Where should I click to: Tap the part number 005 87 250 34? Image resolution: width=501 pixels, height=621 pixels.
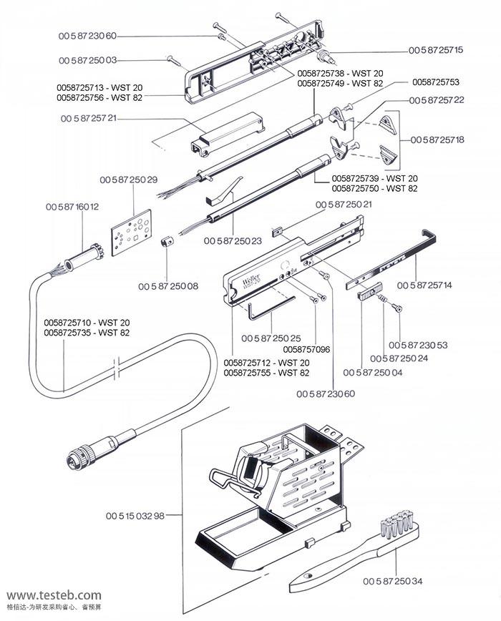point(392,580)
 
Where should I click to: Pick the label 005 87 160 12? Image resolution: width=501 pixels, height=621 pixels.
point(72,207)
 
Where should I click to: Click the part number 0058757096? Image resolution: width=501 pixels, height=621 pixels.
point(306,349)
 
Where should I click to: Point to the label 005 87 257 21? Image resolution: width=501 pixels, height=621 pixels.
point(88,118)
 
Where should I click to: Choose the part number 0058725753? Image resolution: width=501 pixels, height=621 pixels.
point(436,82)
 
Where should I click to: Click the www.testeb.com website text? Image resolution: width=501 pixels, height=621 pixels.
point(54,595)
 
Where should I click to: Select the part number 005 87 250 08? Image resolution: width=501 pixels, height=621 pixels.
point(168,286)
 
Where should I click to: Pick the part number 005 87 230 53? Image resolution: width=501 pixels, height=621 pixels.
point(419,345)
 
